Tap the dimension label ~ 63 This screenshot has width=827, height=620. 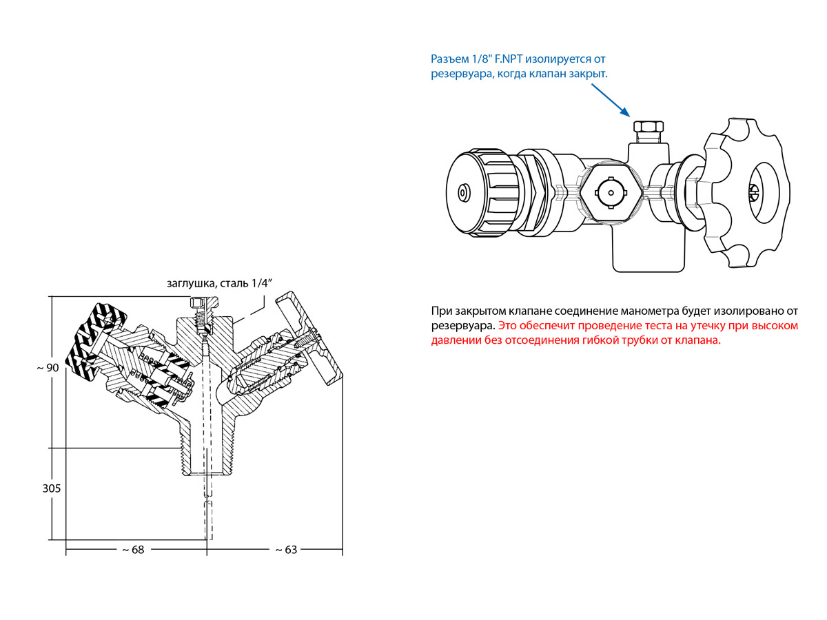click(x=286, y=550)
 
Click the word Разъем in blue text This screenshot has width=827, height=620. click(x=451, y=59)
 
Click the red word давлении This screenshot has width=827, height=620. click(x=459, y=340)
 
